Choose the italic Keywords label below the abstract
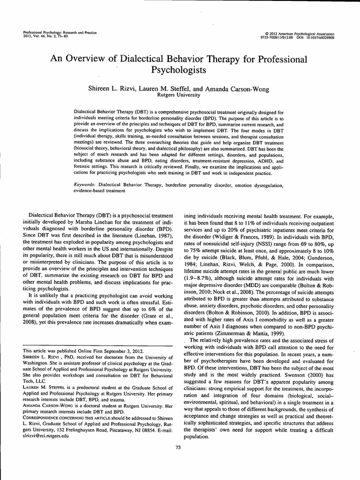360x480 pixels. tap(88, 185)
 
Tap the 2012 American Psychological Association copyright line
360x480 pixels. tap(300, 34)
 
